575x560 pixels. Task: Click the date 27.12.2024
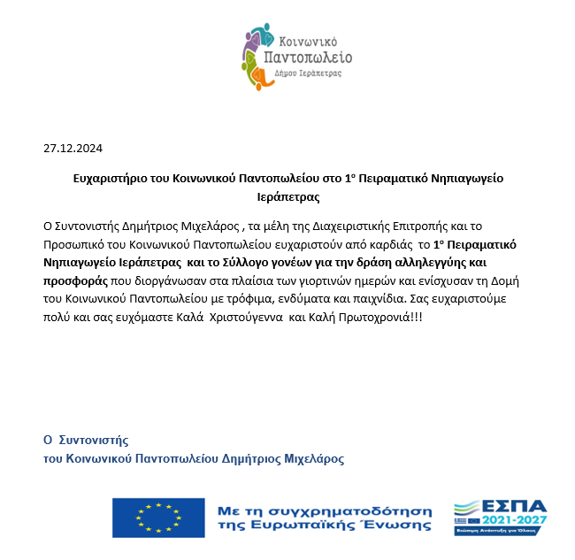73,149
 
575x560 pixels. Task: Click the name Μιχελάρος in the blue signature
314,458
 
